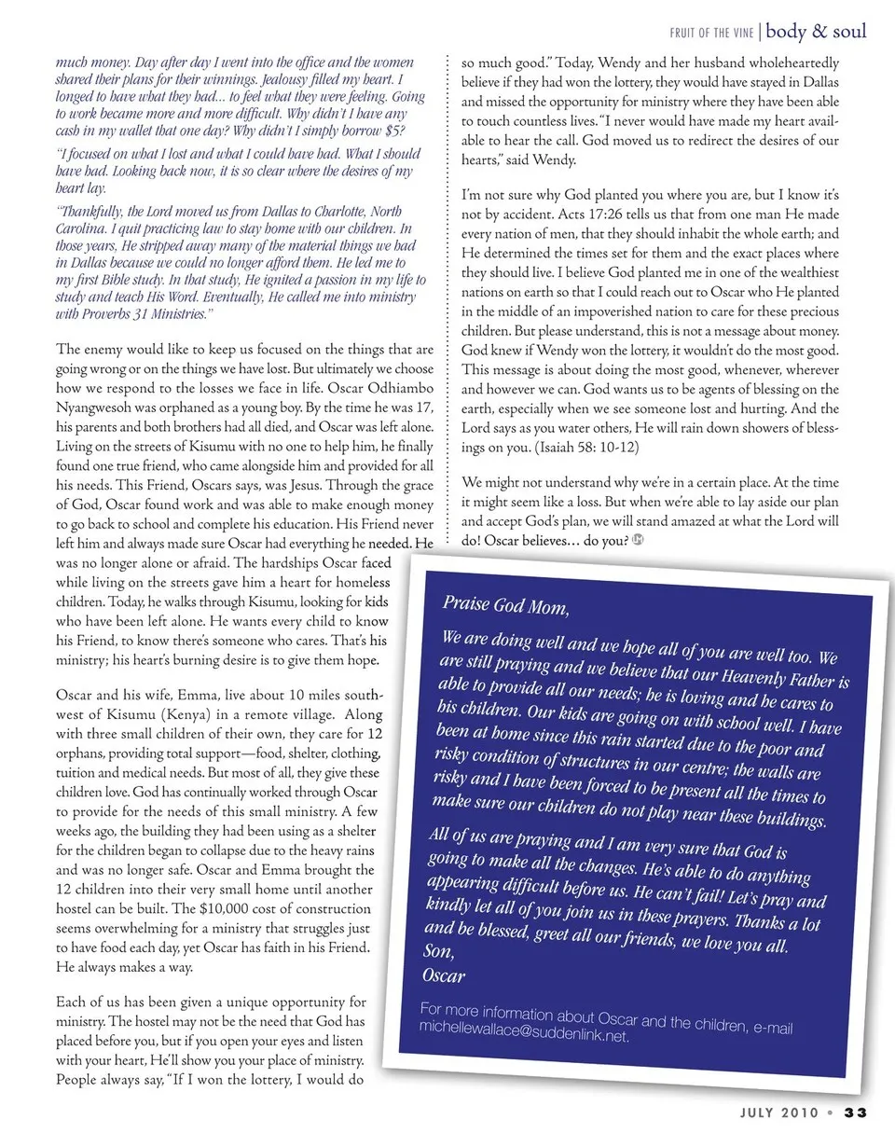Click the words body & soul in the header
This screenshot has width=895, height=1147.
[817, 31]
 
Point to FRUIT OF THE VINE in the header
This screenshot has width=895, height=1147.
[712, 34]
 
